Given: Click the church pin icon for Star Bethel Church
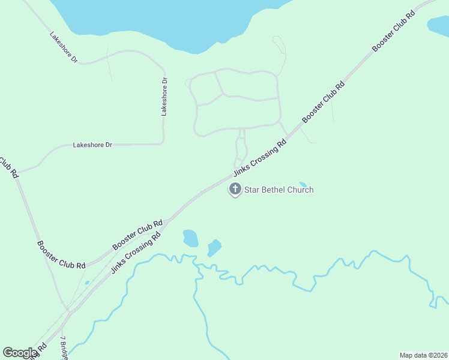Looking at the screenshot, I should (x=235, y=190).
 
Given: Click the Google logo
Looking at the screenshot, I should (x=20, y=353).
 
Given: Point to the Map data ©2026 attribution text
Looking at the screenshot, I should (x=423, y=355).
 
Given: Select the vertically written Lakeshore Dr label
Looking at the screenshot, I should (x=164, y=97).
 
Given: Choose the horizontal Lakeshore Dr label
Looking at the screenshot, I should (x=92, y=145).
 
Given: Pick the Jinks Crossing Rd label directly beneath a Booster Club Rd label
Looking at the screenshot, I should (x=137, y=254).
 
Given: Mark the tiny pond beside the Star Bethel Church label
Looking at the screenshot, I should (x=303, y=184).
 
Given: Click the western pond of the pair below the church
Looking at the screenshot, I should (x=190, y=238).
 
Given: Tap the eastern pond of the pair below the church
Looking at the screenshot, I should (x=214, y=247).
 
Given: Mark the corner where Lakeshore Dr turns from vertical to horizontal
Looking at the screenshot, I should (x=163, y=142).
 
